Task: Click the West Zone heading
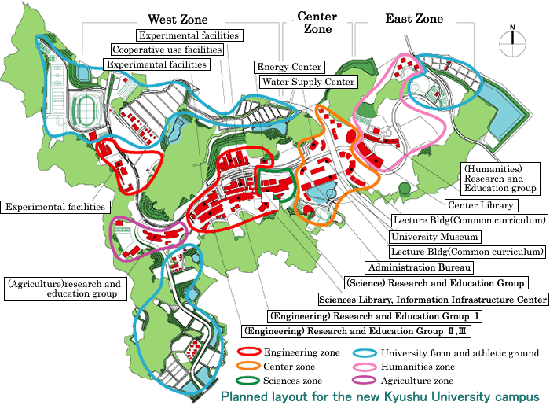click(x=177, y=19)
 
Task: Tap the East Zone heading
click(x=414, y=19)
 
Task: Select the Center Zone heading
click(x=317, y=22)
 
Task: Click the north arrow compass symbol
click(x=512, y=40)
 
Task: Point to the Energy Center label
click(x=288, y=68)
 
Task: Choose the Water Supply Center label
click(x=308, y=82)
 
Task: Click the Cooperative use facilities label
click(x=167, y=50)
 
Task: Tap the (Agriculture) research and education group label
click(x=65, y=289)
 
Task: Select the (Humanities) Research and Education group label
click(x=499, y=179)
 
